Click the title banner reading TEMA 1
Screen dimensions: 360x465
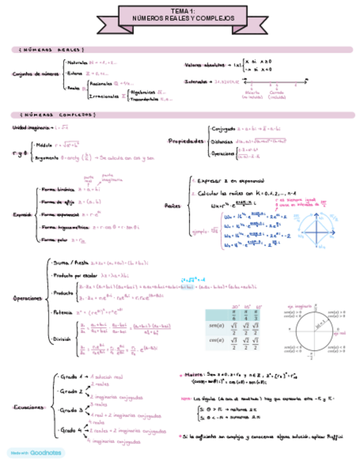(180, 15)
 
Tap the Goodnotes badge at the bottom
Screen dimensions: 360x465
(36, 453)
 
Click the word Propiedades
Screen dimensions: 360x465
(186, 141)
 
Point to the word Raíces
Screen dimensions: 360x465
(172, 205)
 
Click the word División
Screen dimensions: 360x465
(61, 339)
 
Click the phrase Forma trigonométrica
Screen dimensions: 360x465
(64, 226)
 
